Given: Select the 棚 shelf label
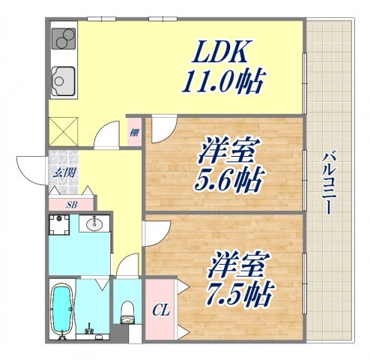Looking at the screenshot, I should tap(134, 134).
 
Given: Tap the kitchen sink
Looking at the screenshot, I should tap(61, 77).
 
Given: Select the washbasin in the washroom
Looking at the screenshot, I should tap(95, 223).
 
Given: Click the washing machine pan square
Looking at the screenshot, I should tap(59, 223).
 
